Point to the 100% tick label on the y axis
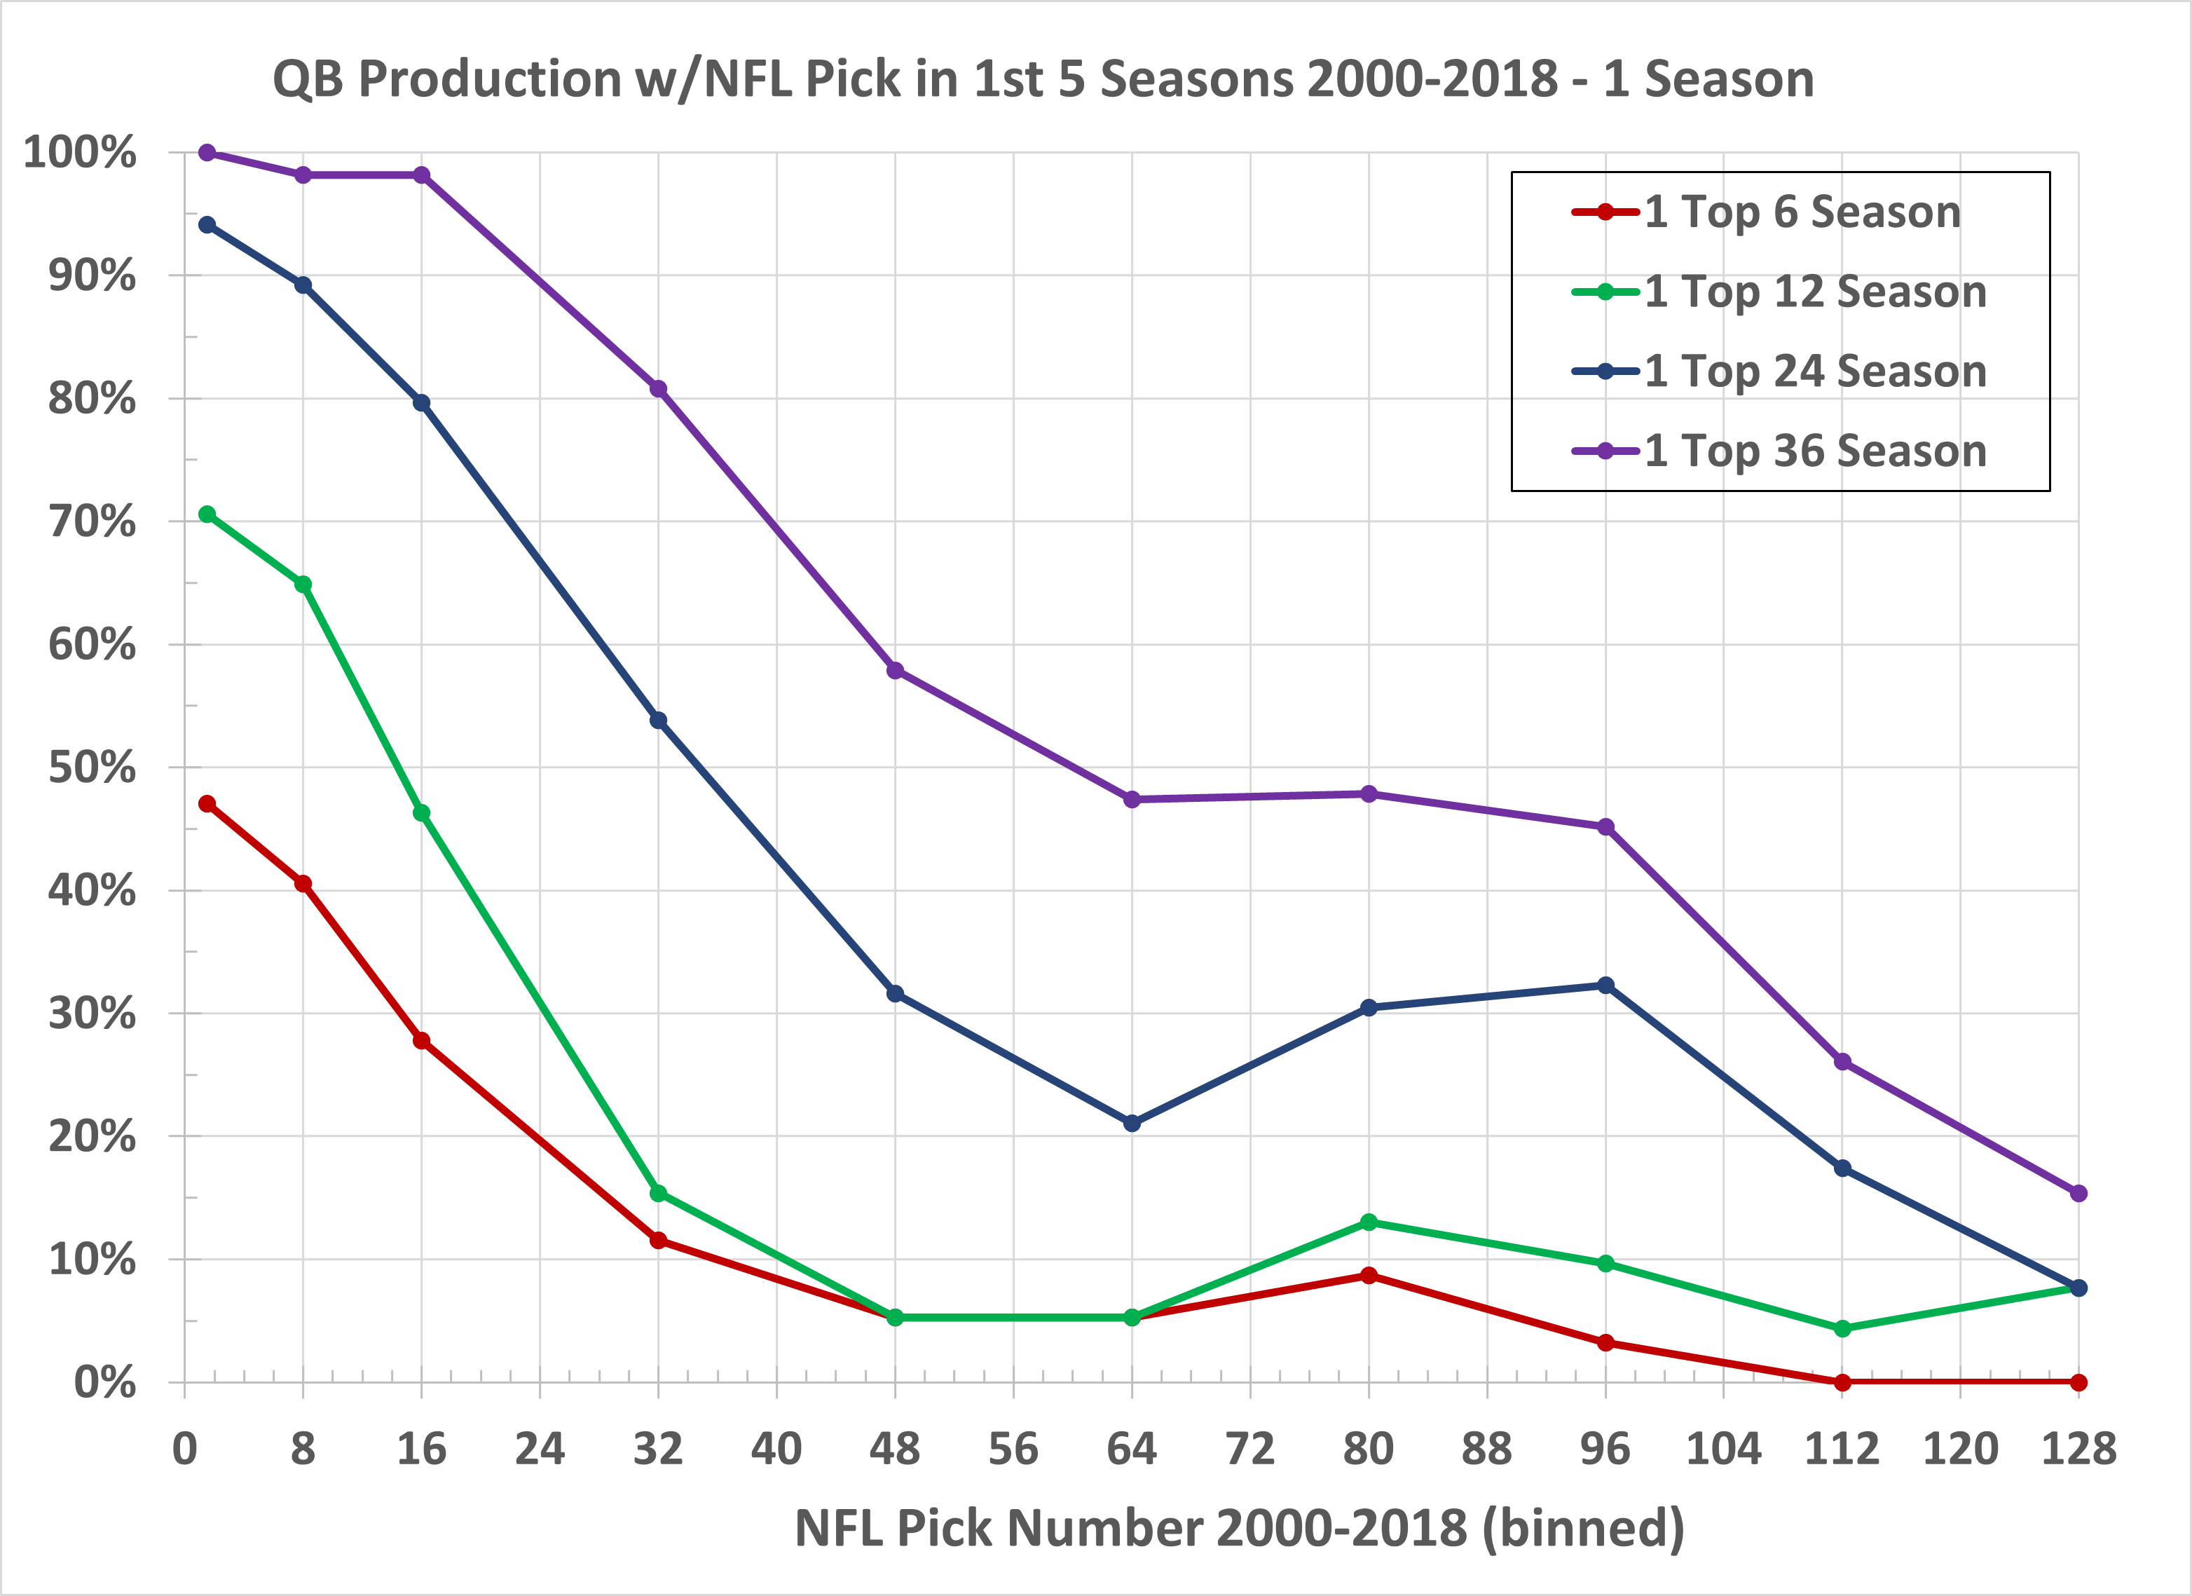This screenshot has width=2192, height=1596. (79, 153)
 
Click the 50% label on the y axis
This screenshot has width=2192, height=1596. (92, 768)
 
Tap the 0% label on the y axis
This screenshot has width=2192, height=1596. (104, 1382)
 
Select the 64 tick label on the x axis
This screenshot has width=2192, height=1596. (1132, 1449)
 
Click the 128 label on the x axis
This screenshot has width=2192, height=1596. (2078, 1449)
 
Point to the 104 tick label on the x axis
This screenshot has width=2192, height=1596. (1723, 1449)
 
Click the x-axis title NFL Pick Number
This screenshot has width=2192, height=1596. (1239, 1528)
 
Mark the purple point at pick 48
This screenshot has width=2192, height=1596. (895, 671)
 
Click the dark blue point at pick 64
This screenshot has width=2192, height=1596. (1132, 1124)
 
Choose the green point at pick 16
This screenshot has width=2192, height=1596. (421, 814)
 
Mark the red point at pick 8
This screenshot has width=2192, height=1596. (303, 884)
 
